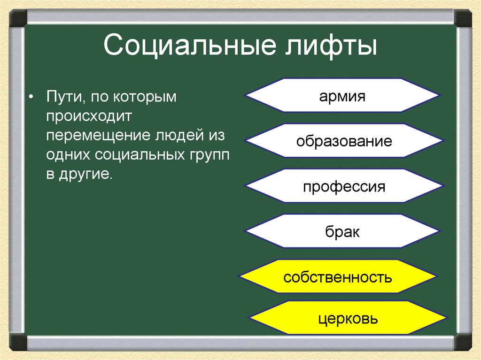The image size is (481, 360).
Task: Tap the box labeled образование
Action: (x=344, y=141)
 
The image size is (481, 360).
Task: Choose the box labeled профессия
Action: (x=344, y=186)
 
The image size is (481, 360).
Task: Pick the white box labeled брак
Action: (x=342, y=231)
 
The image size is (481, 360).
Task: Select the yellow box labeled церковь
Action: (x=348, y=319)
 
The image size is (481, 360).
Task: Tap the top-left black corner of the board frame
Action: (x=17, y=17)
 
